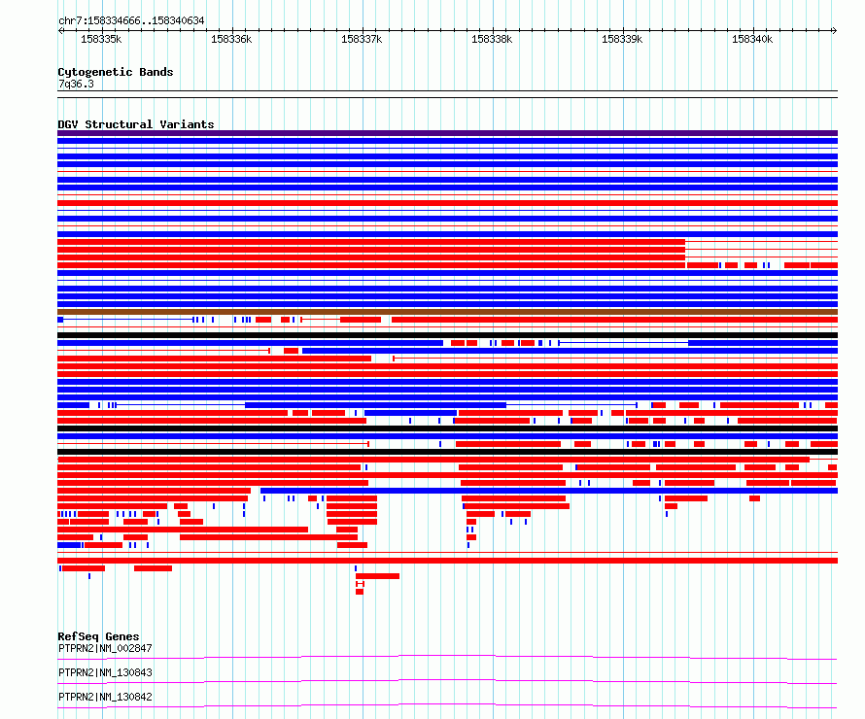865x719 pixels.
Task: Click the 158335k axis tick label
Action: pos(101,39)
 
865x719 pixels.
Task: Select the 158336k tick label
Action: pos(231,39)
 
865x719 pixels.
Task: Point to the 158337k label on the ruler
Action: pos(362,39)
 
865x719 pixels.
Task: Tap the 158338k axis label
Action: pos(492,39)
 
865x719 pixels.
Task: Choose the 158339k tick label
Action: pos(622,39)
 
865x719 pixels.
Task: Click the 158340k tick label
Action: pos(752,39)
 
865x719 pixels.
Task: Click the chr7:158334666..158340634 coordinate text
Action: pos(131,21)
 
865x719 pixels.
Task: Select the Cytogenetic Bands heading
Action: pos(116,72)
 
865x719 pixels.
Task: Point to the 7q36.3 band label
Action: pos(76,84)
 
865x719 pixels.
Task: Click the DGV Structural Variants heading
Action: pos(136,124)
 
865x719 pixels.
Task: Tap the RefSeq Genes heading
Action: pos(98,636)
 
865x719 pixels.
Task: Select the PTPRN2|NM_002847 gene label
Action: pos(105,648)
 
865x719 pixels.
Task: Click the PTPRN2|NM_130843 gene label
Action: pos(105,672)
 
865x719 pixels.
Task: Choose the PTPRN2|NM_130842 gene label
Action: pos(105,697)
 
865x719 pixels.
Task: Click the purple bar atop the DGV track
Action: pos(447,133)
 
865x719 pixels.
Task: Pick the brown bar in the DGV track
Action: pos(447,312)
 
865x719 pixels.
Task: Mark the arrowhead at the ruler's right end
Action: pos(835,31)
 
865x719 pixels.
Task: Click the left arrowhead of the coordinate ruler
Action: pos(60,31)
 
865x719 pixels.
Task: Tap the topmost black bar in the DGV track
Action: pos(447,335)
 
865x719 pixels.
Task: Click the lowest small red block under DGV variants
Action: pos(360,592)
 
